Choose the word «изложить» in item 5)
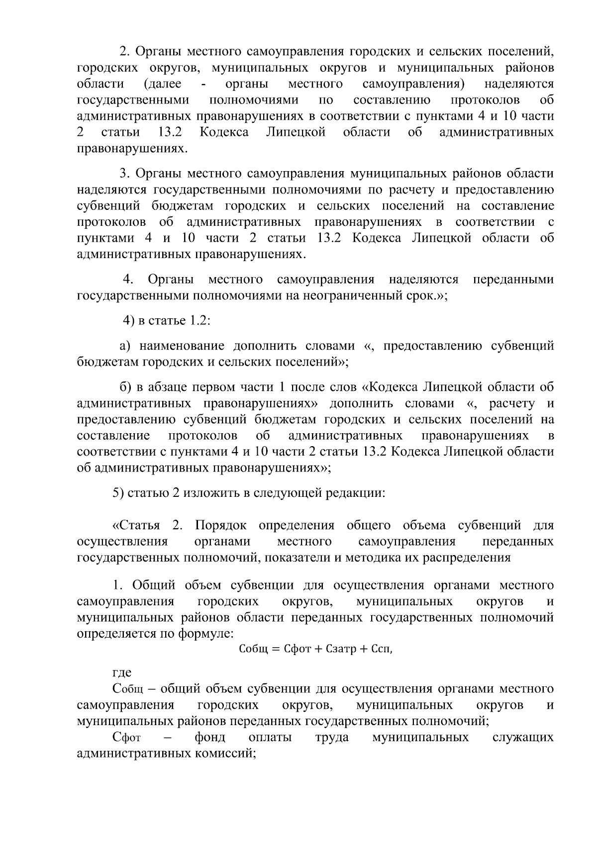coord(212,493)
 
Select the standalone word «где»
coord(122,673)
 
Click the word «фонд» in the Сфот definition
coord(209,737)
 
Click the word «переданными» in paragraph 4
coord(513,280)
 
